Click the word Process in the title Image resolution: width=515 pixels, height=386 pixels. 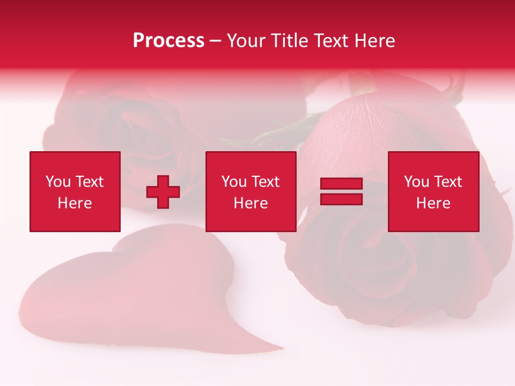(168, 41)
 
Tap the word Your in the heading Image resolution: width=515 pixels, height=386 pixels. (246, 41)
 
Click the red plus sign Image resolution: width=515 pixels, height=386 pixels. (163, 192)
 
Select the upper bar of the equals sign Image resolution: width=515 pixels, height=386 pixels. (341, 184)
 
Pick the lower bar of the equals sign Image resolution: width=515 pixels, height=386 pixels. (341, 199)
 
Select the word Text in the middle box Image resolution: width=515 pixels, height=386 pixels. (266, 182)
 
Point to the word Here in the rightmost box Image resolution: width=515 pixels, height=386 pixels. (433, 203)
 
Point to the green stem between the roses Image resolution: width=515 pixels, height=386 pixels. (279, 131)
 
